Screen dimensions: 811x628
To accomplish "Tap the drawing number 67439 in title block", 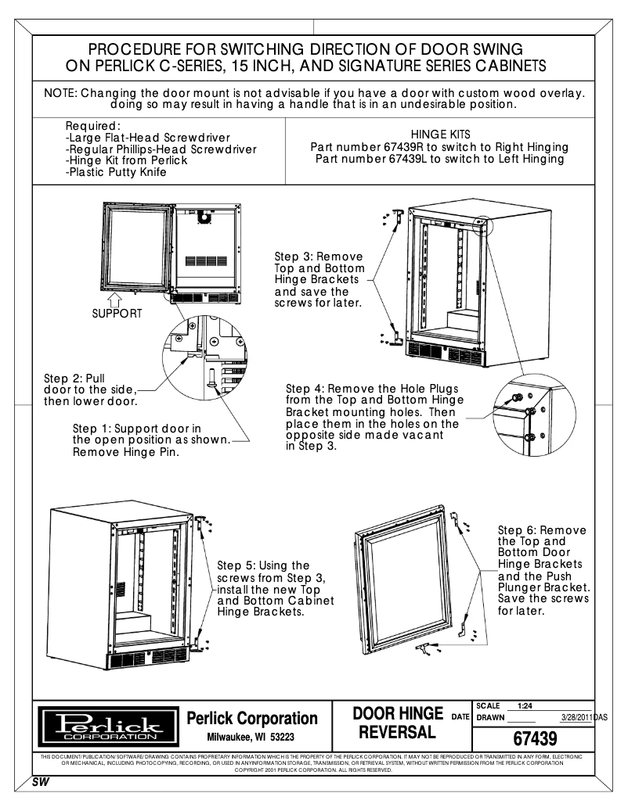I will coord(534,737).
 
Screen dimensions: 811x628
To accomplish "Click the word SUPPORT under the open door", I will coord(117,313).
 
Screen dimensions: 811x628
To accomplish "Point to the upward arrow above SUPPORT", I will coord(115,298).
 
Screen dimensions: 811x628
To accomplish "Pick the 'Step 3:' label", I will coord(295,256).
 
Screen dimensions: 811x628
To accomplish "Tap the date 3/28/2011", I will coord(576,716).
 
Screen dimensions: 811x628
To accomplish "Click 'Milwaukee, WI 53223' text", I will coord(251,737).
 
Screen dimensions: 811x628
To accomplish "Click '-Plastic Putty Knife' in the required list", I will coord(116,171).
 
